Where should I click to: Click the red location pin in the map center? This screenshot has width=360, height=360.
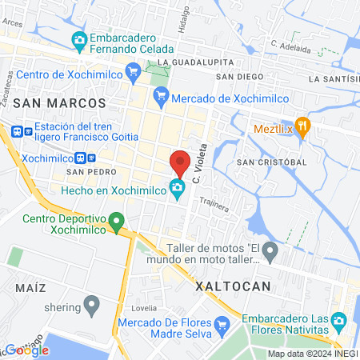181,162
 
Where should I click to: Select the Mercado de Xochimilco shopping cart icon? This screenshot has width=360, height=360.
161,94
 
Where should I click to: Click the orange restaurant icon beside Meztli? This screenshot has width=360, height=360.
302,127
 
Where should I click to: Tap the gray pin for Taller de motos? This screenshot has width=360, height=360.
271,254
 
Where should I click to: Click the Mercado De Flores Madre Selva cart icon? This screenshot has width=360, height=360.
223,325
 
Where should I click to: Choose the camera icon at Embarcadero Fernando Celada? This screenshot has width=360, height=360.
78,39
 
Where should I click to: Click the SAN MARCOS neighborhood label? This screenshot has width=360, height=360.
60,103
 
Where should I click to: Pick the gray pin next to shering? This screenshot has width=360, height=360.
91,305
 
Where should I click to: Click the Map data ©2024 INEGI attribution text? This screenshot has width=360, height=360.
312,354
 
